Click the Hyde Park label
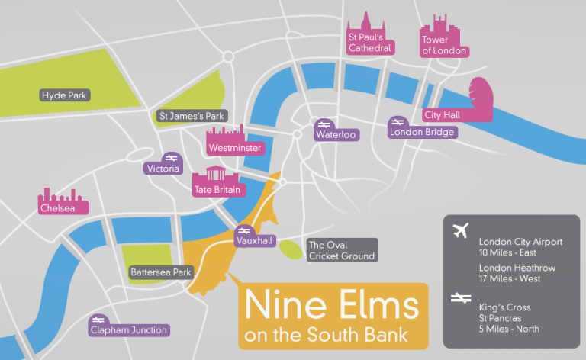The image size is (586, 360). (66, 95)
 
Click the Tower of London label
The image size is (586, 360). (444, 45)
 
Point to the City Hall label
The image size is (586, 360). (442, 114)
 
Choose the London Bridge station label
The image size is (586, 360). (422, 132)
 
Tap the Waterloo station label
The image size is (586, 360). (336, 134)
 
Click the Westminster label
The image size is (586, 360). (234, 147)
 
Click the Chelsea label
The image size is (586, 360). (58, 207)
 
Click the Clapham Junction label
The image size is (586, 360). (128, 330)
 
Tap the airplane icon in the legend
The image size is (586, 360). (460, 230)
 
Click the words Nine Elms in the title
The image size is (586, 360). (330, 307)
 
